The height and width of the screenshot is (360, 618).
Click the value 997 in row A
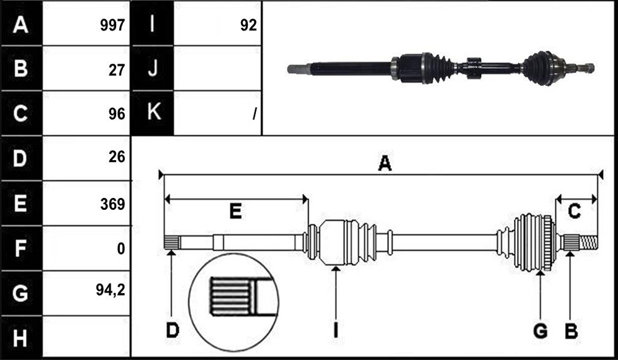tap(112, 26)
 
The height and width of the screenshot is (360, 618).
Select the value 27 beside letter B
tap(117, 70)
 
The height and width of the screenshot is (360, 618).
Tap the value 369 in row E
tap(112, 204)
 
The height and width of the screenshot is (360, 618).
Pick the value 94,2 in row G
tap(110, 290)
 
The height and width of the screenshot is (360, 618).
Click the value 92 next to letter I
tap(248, 26)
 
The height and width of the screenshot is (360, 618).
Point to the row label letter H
tap(20, 338)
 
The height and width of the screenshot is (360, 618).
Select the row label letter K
tap(153, 112)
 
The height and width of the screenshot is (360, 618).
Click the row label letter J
tap(153, 67)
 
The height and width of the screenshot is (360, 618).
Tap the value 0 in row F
tap(121, 248)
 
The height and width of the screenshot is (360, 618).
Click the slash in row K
tap(255, 114)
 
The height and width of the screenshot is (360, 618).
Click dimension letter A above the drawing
tap(385, 163)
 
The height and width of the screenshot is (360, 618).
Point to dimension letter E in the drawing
tap(235, 211)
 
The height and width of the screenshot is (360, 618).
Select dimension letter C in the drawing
tap(574, 211)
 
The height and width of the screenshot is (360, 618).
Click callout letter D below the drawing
tap(173, 330)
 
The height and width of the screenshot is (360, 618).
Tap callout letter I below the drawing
tap(335, 330)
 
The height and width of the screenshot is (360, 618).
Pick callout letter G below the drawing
tap(540, 330)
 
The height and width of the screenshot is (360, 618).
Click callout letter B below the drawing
tap(571, 330)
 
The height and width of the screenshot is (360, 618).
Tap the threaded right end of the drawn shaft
tap(589, 242)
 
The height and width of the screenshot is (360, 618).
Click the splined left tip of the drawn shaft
tap(172, 242)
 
